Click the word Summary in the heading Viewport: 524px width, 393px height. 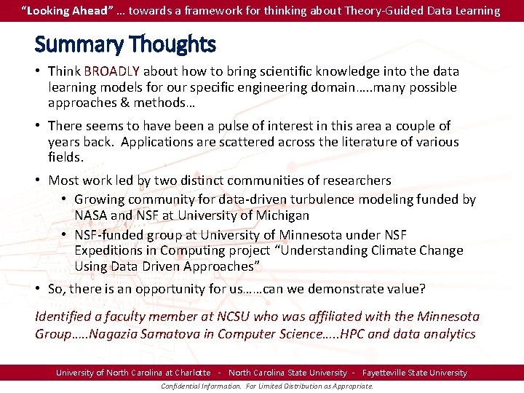tap(77, 45)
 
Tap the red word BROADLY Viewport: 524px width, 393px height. tap(113, 71)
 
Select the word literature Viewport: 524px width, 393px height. tap(351, 142)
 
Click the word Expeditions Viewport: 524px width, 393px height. tap(108, 250)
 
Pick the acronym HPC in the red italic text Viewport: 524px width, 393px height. tap(344, 334)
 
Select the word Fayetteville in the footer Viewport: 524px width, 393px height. tap(390, 373)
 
